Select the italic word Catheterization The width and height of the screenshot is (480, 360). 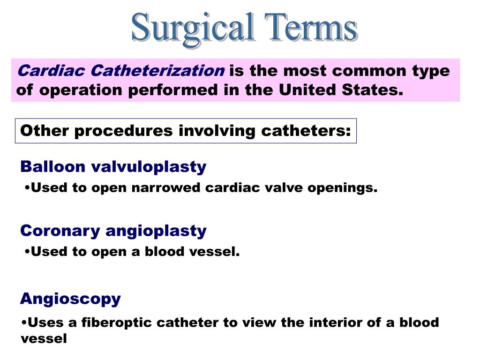[157, 71]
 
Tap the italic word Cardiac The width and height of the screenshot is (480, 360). [51, 71]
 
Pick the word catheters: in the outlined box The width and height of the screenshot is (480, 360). [306, 130]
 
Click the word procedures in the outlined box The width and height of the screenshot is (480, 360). [124, 130]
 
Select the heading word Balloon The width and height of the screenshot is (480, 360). [53, 166]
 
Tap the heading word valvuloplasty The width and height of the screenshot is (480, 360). [149, 166]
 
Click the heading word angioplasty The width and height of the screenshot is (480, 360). [156, 231]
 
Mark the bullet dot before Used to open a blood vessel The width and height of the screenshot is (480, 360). [27, 251]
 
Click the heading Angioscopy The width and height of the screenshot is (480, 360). [70, 299]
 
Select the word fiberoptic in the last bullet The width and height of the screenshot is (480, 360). [117, 322]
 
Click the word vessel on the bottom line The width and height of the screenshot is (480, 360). [44, 338]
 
